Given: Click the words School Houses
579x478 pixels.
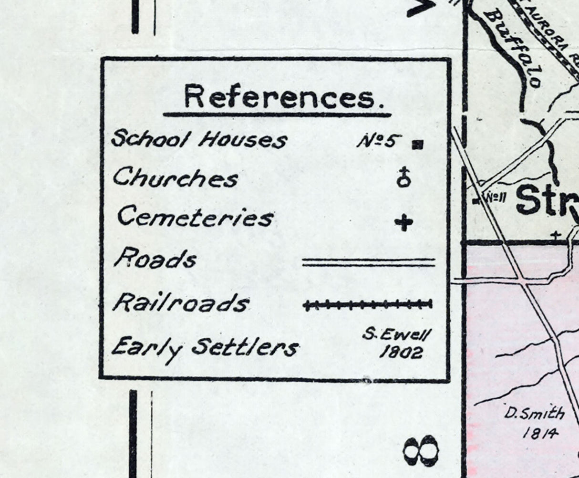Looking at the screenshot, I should point(199,139).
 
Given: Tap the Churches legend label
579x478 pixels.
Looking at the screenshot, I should point(175,178).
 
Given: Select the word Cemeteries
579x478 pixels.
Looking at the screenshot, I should point(195,218).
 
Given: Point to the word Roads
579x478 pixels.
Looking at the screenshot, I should point(155,260).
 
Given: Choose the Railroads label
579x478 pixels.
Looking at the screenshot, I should point(181,303).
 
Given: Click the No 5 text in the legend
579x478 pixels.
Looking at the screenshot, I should point(377,141).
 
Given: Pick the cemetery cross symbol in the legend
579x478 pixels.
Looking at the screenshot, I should point(404,222).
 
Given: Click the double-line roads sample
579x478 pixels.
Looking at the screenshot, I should point(369,262).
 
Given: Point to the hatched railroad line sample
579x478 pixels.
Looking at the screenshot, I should point(368,304).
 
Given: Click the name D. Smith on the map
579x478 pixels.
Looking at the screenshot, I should point(534,413).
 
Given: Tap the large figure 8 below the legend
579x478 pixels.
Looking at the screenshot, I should point(420,450).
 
